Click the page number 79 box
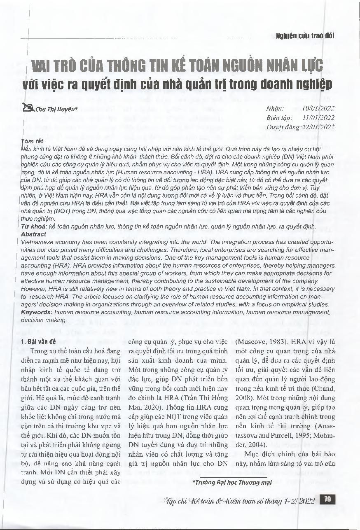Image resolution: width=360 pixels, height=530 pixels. [x=328, y=500]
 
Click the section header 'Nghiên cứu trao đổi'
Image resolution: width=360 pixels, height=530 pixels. [x=305, y=35]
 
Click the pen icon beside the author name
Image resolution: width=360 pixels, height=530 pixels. [x=29, y=108]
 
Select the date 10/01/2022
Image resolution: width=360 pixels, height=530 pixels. [x=318, y=109]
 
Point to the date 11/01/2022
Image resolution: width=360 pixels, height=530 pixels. [x=318, y=118]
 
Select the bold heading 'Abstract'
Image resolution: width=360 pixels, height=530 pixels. [x=33, y=233]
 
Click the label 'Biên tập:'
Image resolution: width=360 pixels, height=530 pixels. [x=280, y=118]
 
